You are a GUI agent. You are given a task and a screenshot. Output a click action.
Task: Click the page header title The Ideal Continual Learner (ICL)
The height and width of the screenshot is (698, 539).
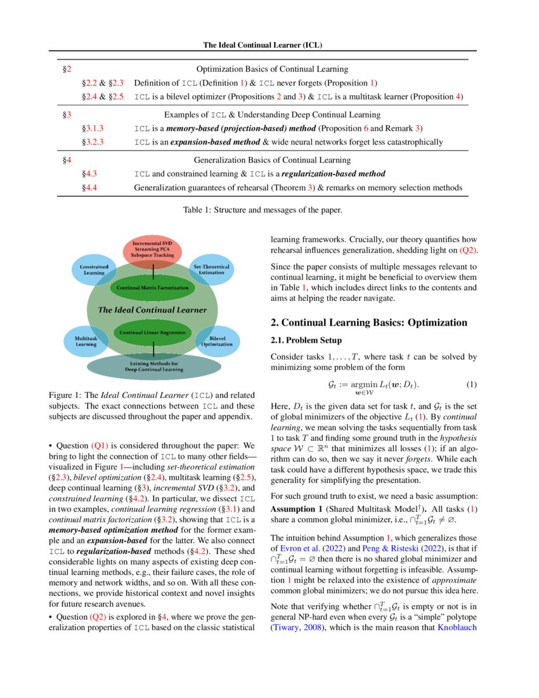(x=269, y=45)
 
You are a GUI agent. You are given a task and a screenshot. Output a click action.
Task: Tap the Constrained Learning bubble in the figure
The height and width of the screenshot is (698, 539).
(x=94, y=270)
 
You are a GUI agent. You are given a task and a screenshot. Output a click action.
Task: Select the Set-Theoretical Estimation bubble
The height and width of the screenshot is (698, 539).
(x=212, y=269)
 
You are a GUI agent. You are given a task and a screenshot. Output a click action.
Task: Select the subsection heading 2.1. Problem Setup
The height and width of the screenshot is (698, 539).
(x=306, y=341)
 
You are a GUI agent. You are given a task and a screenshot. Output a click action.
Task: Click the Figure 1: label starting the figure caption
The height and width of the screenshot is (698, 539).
(x=65, y=395)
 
